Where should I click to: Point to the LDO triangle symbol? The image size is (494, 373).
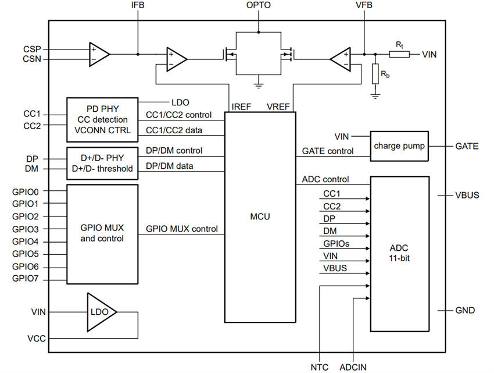(100, 312)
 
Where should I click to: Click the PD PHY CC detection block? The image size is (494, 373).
(102, 119)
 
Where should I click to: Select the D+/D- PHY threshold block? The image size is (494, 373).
(102, 164)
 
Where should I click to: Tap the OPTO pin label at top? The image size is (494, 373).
(259, 6)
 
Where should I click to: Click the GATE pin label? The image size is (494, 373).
(467, 146)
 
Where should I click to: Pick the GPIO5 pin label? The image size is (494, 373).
(25, 254)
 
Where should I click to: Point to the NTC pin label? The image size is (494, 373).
(319, 367)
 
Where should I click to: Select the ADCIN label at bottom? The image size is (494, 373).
(353, 367)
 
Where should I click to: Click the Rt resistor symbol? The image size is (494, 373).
(399, 54)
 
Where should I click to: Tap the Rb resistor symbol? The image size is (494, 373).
(375, 73)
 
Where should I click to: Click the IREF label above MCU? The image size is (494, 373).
(241, 107)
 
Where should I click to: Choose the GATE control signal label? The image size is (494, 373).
(328, 151)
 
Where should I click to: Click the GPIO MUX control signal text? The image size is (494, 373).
(181, 229)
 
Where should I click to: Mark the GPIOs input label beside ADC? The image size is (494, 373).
(336, 244)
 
